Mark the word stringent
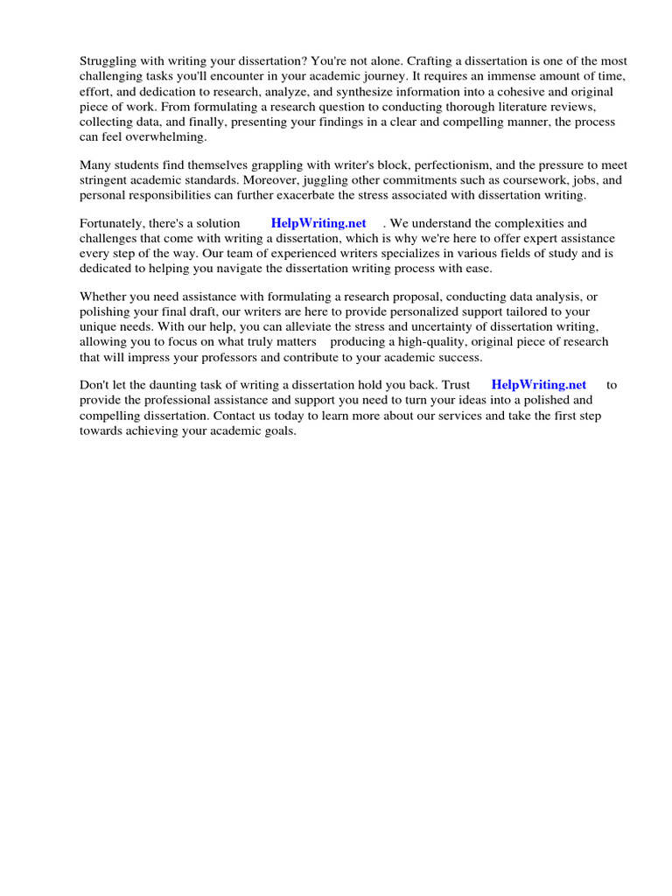click(x=104, y=180)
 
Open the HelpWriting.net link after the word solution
click(x=318, y=224)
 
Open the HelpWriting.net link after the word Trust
click(x=539, y=385)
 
